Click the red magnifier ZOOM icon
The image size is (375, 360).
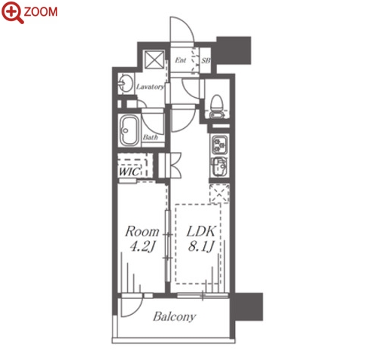point(13,13)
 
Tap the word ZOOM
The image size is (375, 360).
point(41,12)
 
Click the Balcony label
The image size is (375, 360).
point(175,316)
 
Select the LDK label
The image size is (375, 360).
point(201,231)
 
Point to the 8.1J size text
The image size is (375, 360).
point(201,247)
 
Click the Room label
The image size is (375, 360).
point(142,231)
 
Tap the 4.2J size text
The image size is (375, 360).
point(142,247)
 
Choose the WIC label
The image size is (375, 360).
point(129,172)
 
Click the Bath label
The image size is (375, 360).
point(151,137)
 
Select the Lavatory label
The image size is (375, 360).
point(150,87)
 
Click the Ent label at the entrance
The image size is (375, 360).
point(181,60)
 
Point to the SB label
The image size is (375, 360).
point(206,60)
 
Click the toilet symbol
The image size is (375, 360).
point(217,106)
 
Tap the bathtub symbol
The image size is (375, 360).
point(130,130)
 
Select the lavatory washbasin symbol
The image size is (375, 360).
point(126,83)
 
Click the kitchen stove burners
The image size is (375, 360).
point(220,145)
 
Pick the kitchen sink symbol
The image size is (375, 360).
point(219,166)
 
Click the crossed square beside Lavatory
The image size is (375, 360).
point(155,59)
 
